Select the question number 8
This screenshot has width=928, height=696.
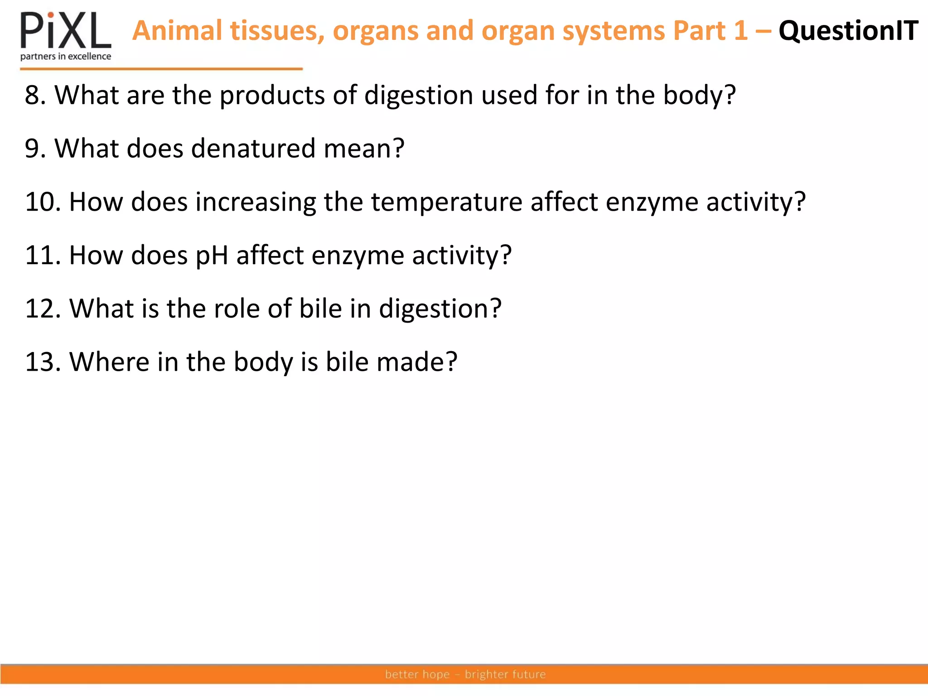(34, 95)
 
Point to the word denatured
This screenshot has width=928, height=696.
(253, 148)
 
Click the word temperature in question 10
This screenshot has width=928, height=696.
(446, 202)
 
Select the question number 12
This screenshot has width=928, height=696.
(42, 309)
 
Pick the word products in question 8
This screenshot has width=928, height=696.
(272, 96)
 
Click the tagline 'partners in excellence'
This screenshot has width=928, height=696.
(66, 57)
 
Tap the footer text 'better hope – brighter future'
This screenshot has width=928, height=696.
(465, 674)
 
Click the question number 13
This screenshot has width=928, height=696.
(42, 362)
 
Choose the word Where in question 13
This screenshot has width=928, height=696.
(109, 362)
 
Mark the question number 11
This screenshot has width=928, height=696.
(42, 255)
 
